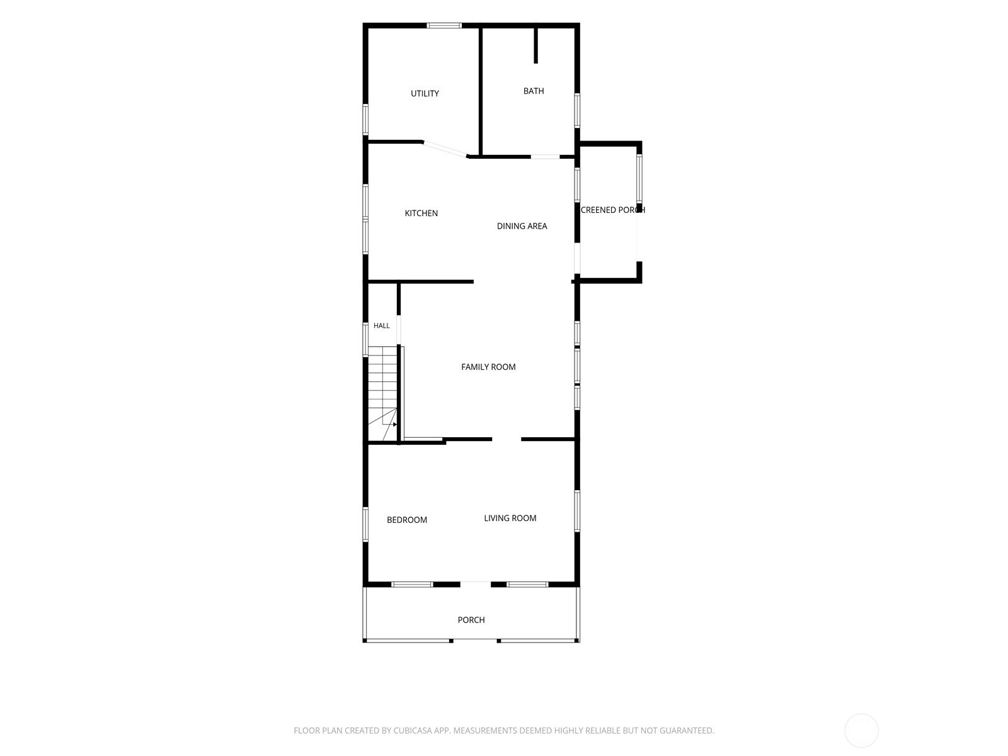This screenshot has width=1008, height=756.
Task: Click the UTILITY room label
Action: tap(425, 94)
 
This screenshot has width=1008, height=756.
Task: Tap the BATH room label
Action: tap(533, 91)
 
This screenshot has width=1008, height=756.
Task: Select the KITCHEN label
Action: tap(421, 213)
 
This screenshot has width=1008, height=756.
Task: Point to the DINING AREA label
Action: tap(522, 226)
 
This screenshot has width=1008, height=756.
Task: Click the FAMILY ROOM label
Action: tap(488, 367)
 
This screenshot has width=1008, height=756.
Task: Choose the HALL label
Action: tap(381, 326)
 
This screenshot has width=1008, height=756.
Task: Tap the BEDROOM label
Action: tap(406, 520)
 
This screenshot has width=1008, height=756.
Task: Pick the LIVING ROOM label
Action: tap(510, 518)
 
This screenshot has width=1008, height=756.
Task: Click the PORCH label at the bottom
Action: tap(471, 620)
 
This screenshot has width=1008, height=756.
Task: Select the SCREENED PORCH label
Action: tap(612, 210)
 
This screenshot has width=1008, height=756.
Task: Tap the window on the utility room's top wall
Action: tap(444, 26)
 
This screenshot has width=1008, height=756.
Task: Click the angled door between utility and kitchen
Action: tap(445, 149)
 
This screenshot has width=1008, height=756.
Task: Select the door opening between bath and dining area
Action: tap(545, 157)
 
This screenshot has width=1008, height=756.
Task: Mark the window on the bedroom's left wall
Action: tap(365, 524)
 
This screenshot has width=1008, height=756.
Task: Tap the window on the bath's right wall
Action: tap(577, 111)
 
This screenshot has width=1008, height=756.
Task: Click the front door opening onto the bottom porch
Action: tap(475, 585)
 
